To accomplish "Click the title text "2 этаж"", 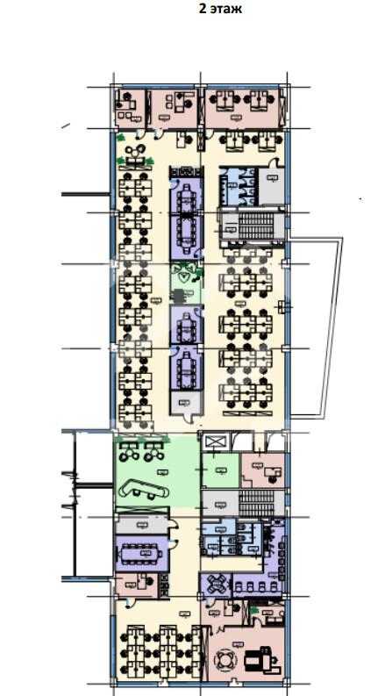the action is click(x=220, y=9).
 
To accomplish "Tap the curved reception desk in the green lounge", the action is click(x=143, y=489).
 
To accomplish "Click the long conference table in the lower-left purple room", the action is click(x=141, y=554).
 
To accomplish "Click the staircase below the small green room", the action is click(x=256, y=504).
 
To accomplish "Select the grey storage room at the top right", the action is click(x=271, y=184).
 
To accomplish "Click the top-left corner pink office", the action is click(x=129, y=108).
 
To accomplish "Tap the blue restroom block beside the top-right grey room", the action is click(x=239, y=185).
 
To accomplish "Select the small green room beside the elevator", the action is click(x=220, y=470).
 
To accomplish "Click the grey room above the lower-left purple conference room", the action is click(x=142, y=527).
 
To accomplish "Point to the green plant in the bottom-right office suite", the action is click(x=254, y=611).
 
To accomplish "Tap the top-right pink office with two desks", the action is click(x=242, y=108).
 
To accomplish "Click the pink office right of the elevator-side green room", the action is click(x=262, y=470).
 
